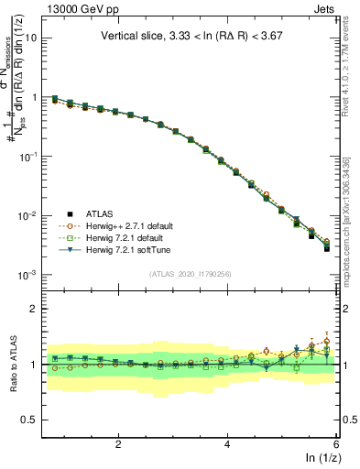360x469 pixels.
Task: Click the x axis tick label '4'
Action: pos(227,443)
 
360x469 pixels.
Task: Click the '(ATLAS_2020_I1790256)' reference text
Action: pos(191,273)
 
